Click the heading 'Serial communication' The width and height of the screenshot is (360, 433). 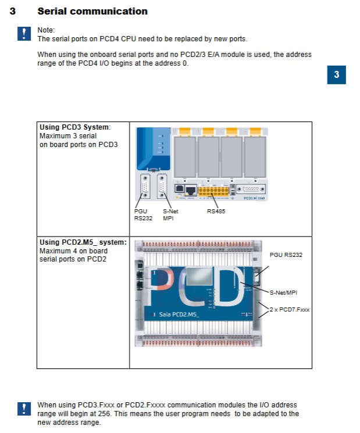tap(92, 11)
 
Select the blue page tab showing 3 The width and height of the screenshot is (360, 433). tap(336, 75)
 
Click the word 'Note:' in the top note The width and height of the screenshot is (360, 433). tap(46, 29)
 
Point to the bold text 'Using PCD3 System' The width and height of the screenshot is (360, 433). tap(74, 127)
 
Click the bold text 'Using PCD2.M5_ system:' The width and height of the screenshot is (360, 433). tap(83, 242)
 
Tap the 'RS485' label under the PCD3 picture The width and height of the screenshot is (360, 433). tap(216, 211)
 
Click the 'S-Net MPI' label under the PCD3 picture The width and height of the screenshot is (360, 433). tap(169, 214)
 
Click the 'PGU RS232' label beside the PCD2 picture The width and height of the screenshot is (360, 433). tap(286, 255)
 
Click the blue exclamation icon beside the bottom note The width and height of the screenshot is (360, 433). tap(24, 409)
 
